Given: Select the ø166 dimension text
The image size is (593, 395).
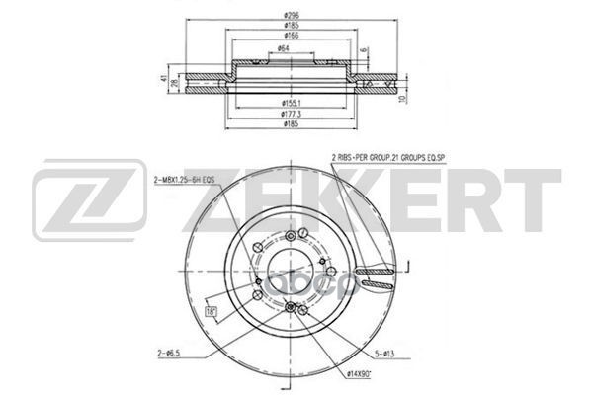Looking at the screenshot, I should (290, 37).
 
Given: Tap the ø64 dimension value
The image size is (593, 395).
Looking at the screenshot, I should (284, 49).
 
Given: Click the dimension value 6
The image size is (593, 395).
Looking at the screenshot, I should (364, 50).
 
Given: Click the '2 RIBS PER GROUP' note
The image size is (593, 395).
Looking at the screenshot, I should (390, 157).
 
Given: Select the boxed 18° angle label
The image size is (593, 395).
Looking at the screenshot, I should (212, 313).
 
